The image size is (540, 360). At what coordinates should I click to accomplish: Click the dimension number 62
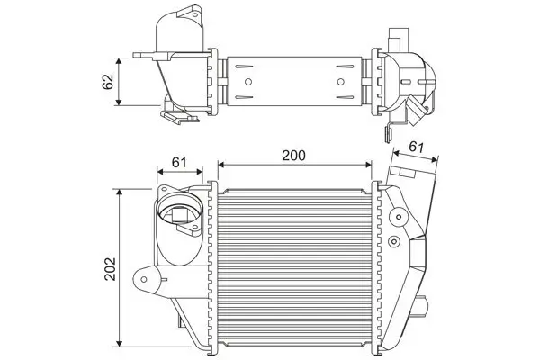click(106, 82)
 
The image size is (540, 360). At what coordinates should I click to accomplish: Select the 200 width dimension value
click(293, 154)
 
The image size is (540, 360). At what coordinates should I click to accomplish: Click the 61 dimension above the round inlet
click(178, 162)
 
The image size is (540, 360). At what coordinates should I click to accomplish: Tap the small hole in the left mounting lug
click(141, 277)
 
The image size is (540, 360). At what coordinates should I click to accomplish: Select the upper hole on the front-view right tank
click(397, 215)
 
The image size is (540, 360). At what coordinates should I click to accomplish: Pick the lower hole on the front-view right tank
click(396, 241)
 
